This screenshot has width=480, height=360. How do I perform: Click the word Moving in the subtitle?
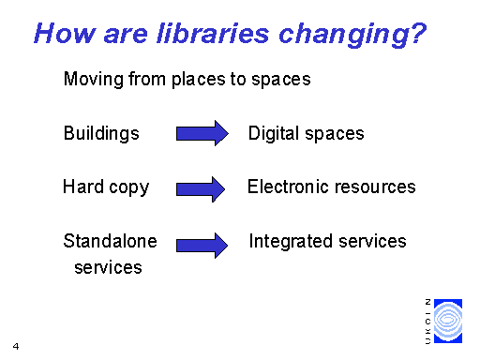click(89, 80)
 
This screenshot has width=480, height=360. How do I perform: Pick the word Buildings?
click(101, 133)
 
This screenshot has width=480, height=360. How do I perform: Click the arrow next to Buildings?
click(202, 133)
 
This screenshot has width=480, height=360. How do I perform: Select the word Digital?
click(271, 133)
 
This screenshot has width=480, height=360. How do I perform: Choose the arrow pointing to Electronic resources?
click(202, 187)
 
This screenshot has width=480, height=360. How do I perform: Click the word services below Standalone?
click(108, 267)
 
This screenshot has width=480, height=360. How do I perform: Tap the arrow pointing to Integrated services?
click(202, 245)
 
